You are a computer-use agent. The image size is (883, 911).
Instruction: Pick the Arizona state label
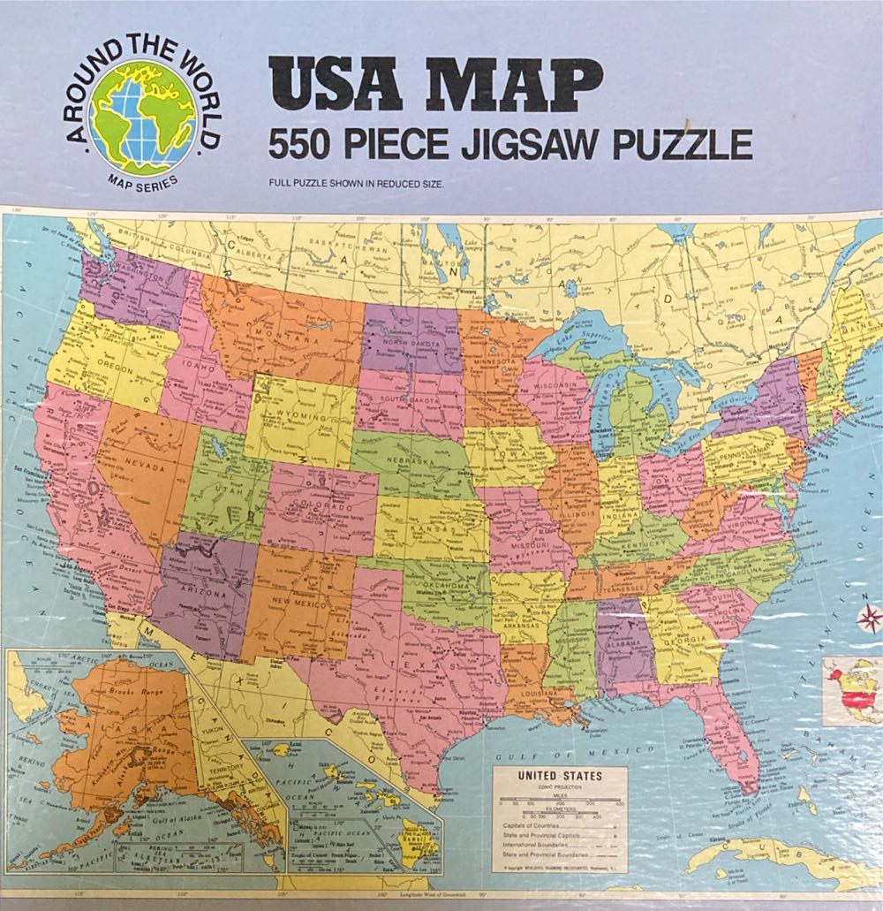coord(204,593)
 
